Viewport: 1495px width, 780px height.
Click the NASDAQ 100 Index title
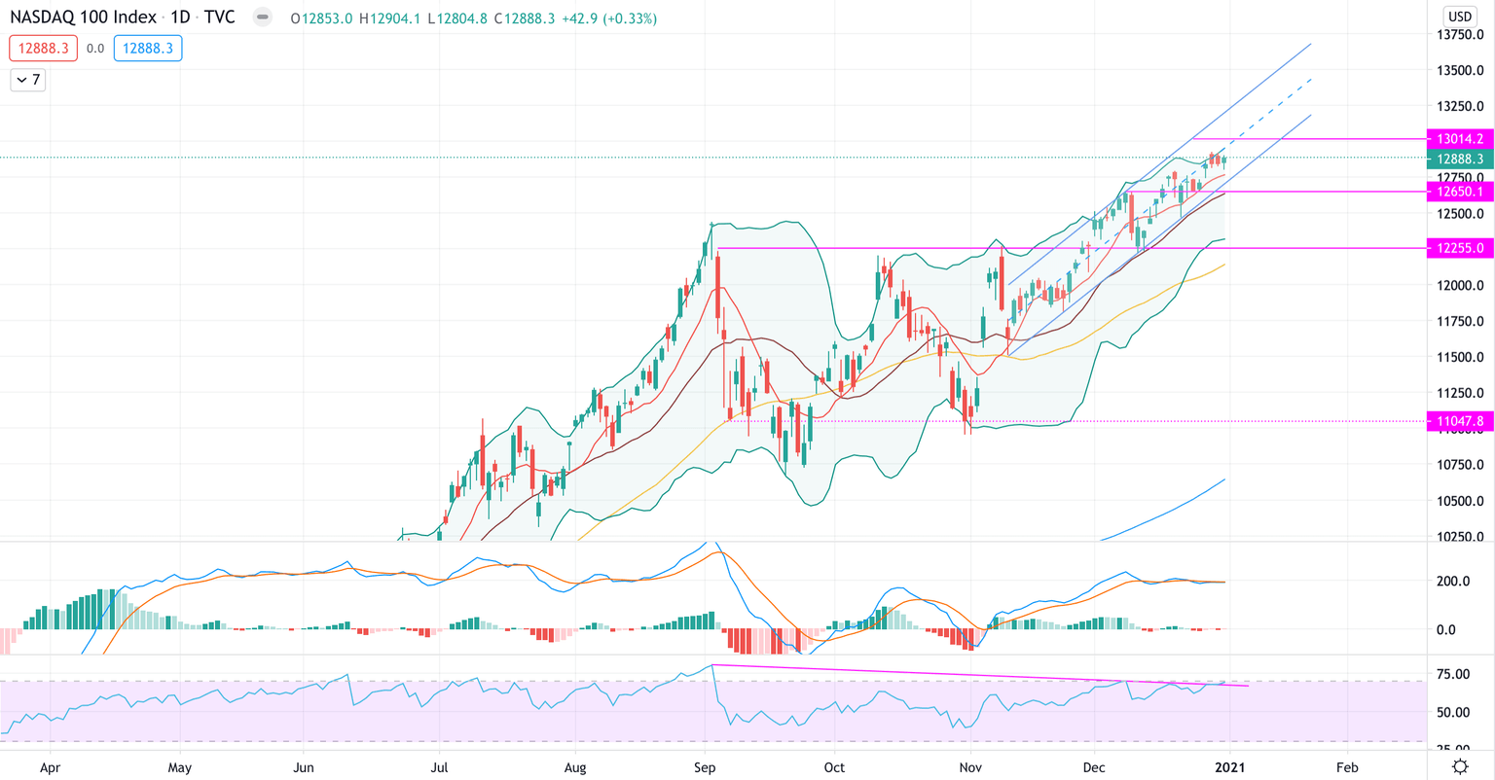83,18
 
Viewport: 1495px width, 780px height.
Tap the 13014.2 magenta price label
1459,139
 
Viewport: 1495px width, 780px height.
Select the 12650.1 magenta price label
1459,192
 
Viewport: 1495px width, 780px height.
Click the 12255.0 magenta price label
1459,248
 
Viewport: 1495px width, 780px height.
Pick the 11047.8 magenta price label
1459,421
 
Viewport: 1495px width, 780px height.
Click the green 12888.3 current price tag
1459,159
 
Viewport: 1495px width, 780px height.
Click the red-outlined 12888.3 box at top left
43,48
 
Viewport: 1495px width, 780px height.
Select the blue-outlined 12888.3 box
148,48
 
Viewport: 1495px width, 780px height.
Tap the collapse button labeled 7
28,80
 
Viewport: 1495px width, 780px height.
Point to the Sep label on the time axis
705,767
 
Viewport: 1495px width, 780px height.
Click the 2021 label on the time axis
1228,767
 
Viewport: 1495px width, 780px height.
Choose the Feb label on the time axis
1347,767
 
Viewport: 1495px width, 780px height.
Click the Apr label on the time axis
50,767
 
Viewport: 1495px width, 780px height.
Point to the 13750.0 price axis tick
1460,35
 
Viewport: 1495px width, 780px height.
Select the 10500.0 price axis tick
1460,501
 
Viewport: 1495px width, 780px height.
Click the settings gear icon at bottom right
1460,766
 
